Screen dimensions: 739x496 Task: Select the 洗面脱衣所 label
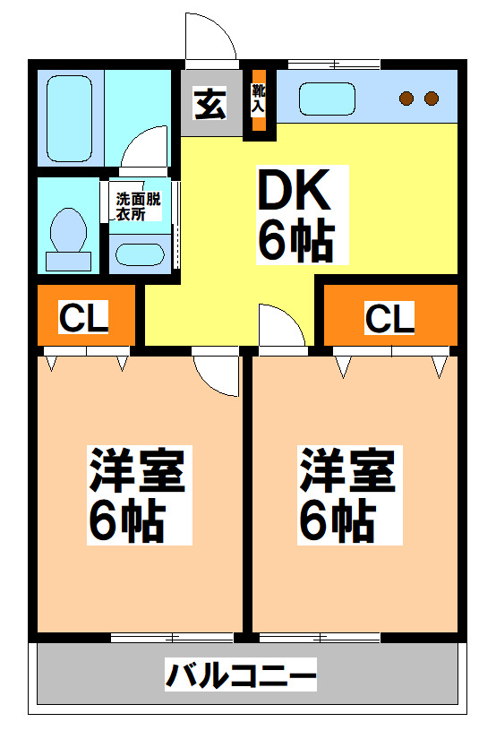coord(137,207)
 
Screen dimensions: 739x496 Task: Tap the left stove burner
coord(408,98)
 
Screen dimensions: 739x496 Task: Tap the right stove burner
coord(432,98)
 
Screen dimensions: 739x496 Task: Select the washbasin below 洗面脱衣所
coord(139,253)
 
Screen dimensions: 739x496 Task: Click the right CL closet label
coord(390,317)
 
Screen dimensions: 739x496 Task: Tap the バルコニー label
coord(241,675)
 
